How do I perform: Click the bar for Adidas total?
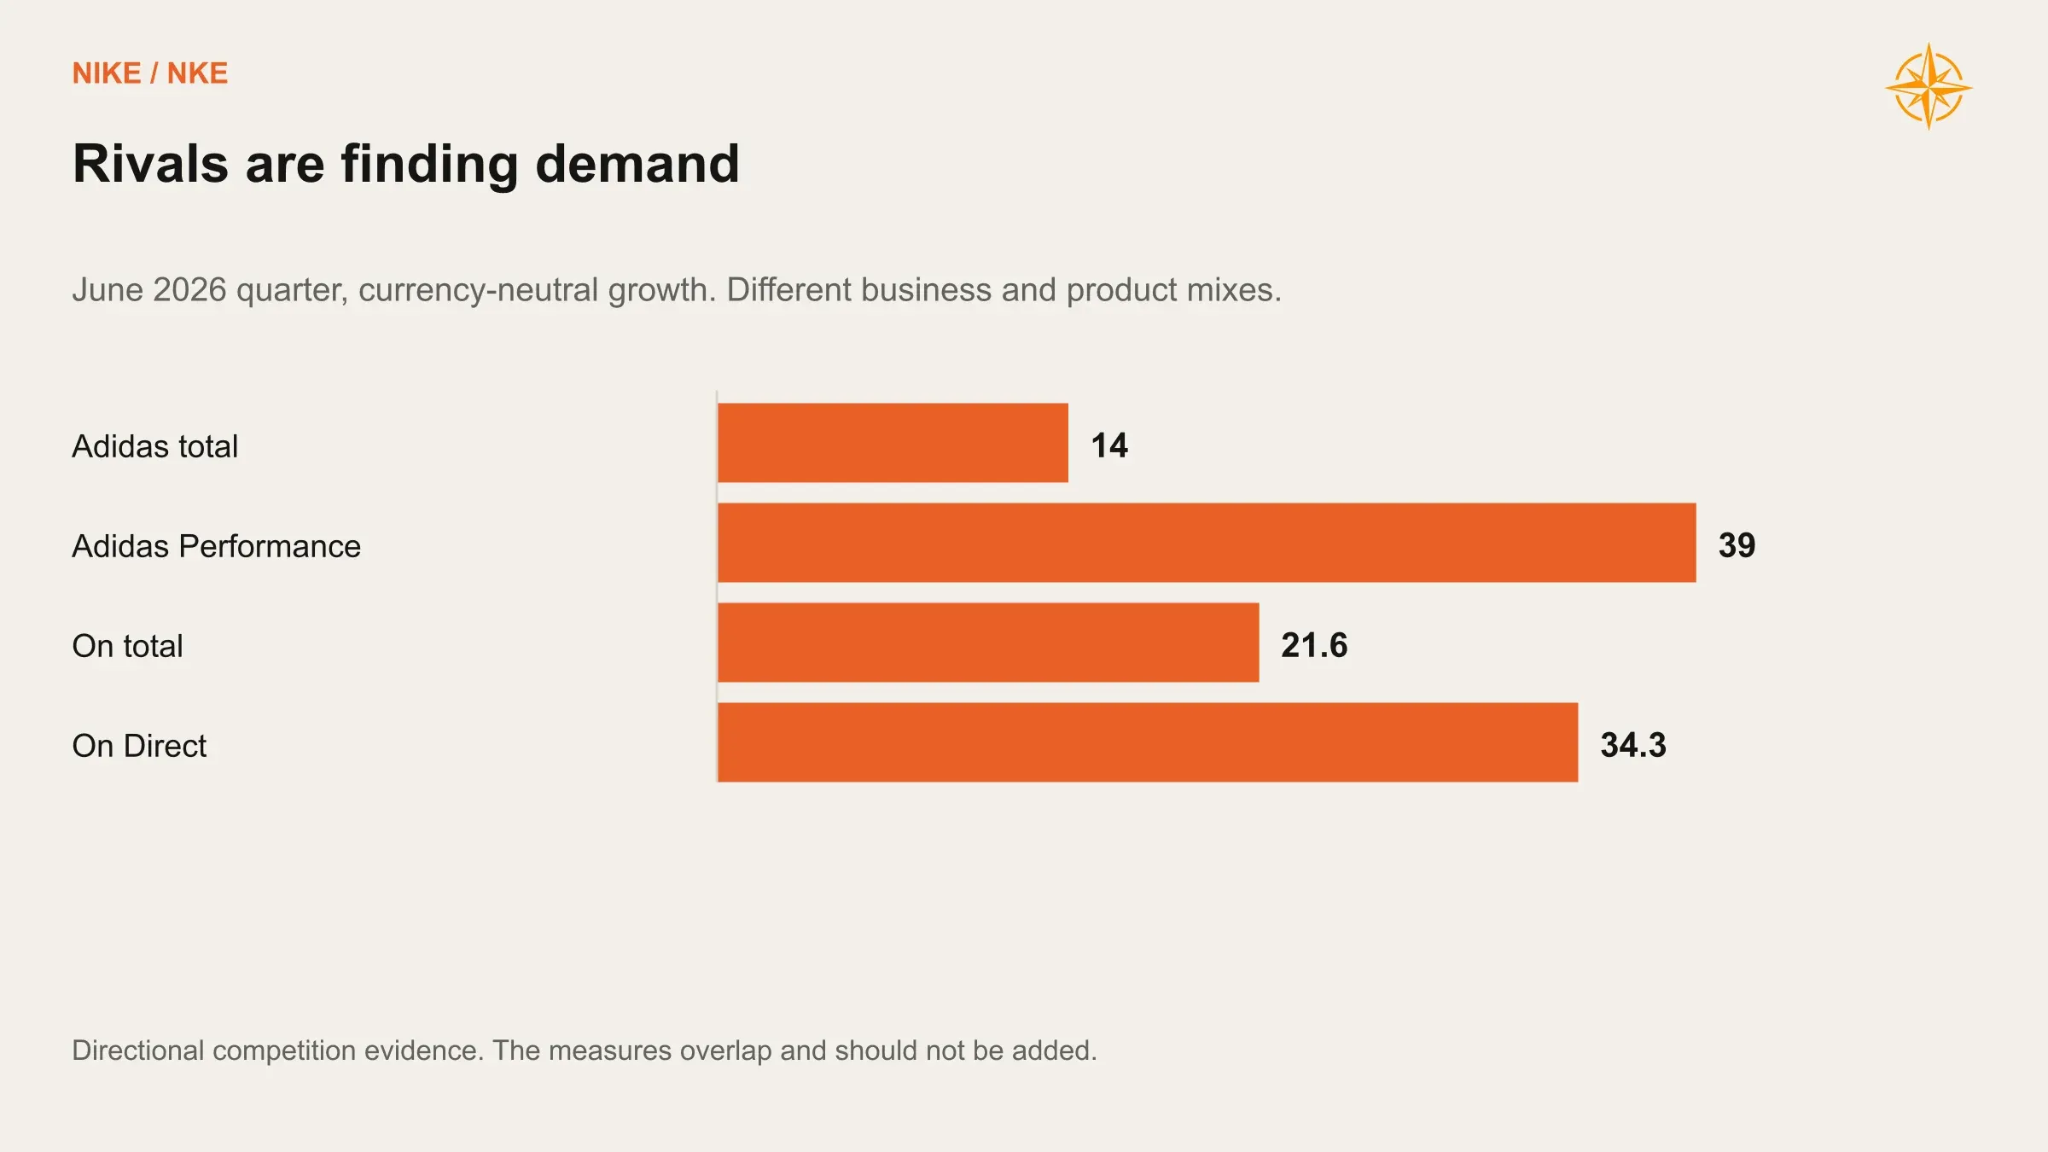(x=893, y=443)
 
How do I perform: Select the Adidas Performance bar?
(x=1207, y=543)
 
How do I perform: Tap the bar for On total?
(x=988, y=643)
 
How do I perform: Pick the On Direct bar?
(x=1148, y=742)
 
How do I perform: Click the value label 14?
(x=1109, y=445)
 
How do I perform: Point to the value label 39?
(x=1737, y=545)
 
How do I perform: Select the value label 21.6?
(x=1314, y=645)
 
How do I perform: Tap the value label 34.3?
(x=1633, y=745)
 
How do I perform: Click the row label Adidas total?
(x=154, y=446)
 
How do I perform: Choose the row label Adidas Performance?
(x=216, y=546)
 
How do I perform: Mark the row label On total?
(x=127, y=646)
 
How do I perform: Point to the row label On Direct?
(x=139, y=746)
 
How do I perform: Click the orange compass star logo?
(x=1929, y=86)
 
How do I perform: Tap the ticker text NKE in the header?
(x=197, y=73)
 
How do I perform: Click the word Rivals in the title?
(x=150, y=163)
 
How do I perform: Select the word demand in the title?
(x=637, y=163)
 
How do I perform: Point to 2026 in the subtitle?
(x=189, y=290)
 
